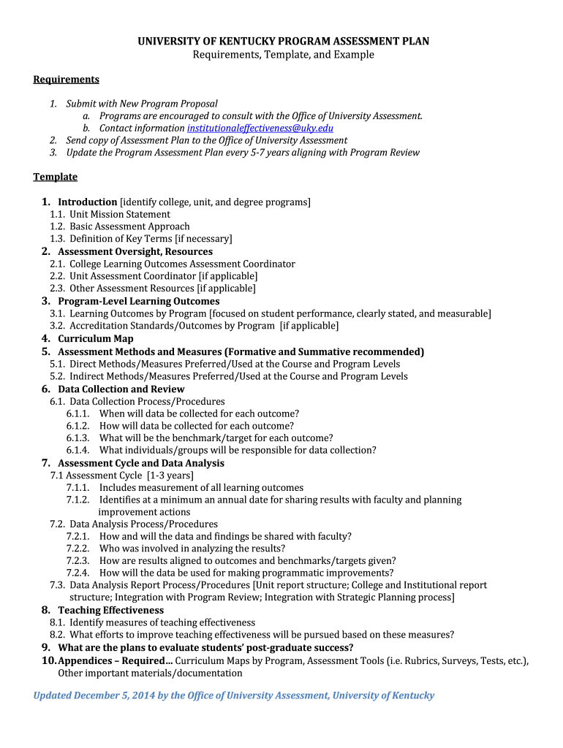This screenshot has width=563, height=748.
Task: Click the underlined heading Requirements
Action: click(x=66, y=79)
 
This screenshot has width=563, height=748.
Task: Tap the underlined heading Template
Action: click(x=55, y=177)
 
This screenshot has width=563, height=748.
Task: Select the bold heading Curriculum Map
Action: click(x=95, y=338)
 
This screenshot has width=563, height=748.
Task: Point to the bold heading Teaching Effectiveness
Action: click(x=110, y=610)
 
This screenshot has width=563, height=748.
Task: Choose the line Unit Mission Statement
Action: click(x=120, y=214)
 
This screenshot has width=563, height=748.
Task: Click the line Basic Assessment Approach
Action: click(x=129, y=226)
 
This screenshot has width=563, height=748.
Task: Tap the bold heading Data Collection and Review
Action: click(x=121, y=389)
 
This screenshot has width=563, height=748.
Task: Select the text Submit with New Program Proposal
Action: click(x=142, y=104)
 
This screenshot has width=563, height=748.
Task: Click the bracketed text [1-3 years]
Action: click(x=170, y=475)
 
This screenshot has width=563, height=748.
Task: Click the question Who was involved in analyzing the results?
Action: click(x=192, y=548)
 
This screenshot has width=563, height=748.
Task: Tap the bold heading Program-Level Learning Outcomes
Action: click(x=138, y=301)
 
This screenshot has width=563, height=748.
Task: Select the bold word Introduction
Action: click(x=88, y=202)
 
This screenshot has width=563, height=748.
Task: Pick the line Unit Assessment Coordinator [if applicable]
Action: click(x=163, y=276)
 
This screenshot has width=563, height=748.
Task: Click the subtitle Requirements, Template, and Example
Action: click(x=283, y=55)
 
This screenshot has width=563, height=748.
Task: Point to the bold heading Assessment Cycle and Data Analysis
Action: click(x=141, y=463)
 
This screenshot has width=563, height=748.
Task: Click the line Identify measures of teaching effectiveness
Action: click(x=162, y=622)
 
